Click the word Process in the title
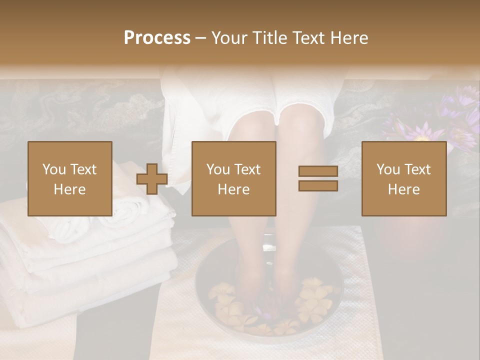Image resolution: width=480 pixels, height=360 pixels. coord(157,38)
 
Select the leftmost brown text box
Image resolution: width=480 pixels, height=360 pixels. coord(70,179)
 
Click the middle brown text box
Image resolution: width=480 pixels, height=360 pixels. coord(234,179)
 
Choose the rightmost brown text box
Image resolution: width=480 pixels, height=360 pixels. coord(404,179)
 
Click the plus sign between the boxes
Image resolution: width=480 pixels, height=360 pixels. coord(152,179)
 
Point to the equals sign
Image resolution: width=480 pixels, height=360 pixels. coord(318,178)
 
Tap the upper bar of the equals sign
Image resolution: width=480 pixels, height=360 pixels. coord(318,171)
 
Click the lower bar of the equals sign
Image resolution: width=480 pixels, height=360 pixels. coord(318,186)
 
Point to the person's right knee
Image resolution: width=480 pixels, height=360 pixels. coord(253,125)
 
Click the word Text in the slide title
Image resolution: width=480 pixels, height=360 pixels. coord(308,38)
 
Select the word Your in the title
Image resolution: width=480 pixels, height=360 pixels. coord(229,38)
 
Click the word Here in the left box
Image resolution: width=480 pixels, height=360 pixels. coord(70,189)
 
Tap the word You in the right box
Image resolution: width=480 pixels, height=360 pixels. coord(388,169)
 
